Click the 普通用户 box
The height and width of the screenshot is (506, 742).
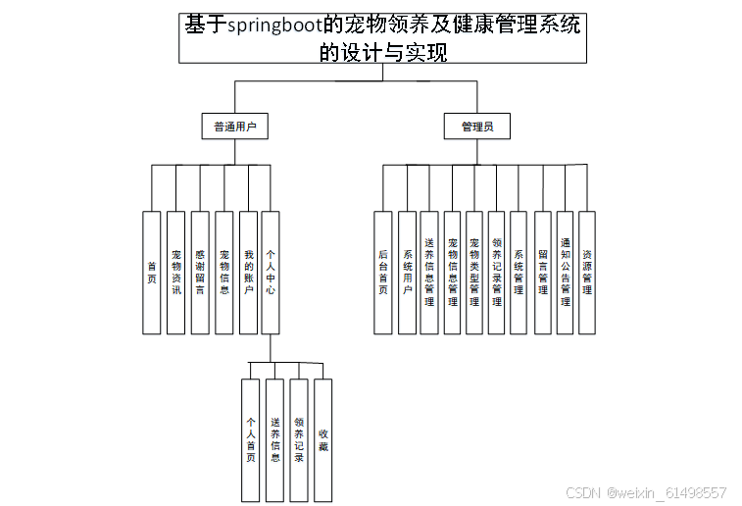pyautogui.click(x=234, y=126)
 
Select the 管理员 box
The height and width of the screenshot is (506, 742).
pyautogui.click(x=476, y=126)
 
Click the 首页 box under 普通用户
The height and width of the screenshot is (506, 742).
pyautogui.click(x=151, y=272)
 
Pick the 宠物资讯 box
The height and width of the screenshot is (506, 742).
pyautogui.click(x=175, y=272)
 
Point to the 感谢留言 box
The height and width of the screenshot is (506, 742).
pyautogui.click(x=199, y=272)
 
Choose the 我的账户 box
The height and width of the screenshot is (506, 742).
pyautogui.click(x=248, y=272)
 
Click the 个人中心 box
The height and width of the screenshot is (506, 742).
pyautogui.click(x=271, y=272)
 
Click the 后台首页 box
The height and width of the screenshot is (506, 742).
pyautogui.click(x=382, y=272)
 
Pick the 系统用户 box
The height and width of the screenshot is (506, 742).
pyautogui.click(x=407, y=272)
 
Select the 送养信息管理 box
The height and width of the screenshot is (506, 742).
pyautogui.click(x=429, y=272)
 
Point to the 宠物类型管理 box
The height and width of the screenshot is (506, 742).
pyautogui.click(x=474, y=272)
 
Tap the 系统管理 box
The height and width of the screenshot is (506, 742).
pyautogui.click(x=519, y=272)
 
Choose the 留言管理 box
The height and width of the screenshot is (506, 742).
pyautogui.click(x=542, y=272)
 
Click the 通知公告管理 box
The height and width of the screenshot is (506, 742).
pyautogui.click(x=565, y=272)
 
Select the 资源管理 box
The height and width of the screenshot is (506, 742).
pyautogui.click(x=586, y=272)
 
